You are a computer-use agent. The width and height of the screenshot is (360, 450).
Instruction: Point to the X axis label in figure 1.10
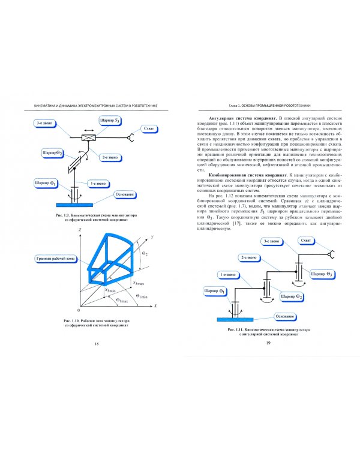click(x=155, y=305)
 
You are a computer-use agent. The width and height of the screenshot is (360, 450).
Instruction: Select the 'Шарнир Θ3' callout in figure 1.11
click(x=320, y=274)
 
